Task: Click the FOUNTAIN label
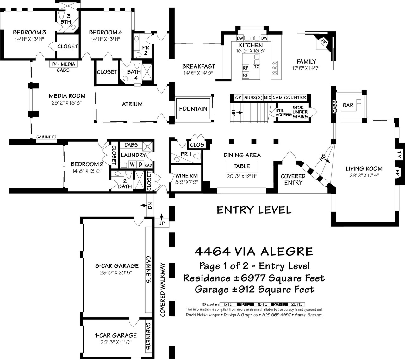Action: tap(193, 109)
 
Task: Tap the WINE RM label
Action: tap(186, 176)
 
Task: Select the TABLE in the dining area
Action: tap(242, 166)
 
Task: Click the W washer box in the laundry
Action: tap(132, 165)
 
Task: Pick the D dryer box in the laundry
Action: tap(140, 165)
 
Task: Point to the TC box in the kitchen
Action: tap(256, 66)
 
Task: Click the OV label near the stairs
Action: tap(238, 97)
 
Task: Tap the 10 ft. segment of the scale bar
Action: tap(245, 304)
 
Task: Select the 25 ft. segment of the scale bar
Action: tap(296, 304)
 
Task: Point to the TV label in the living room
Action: tap(399, 155)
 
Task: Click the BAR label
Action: tap(348, 105)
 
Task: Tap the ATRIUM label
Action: tap(132, 104)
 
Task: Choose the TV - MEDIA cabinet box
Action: tap(63, 64)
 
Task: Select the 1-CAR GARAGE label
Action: tap(116, 335)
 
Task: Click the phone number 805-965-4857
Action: tap(276, 315)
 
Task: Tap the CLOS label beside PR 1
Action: tap(197, 145)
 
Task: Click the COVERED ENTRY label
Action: tap(293, 179)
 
